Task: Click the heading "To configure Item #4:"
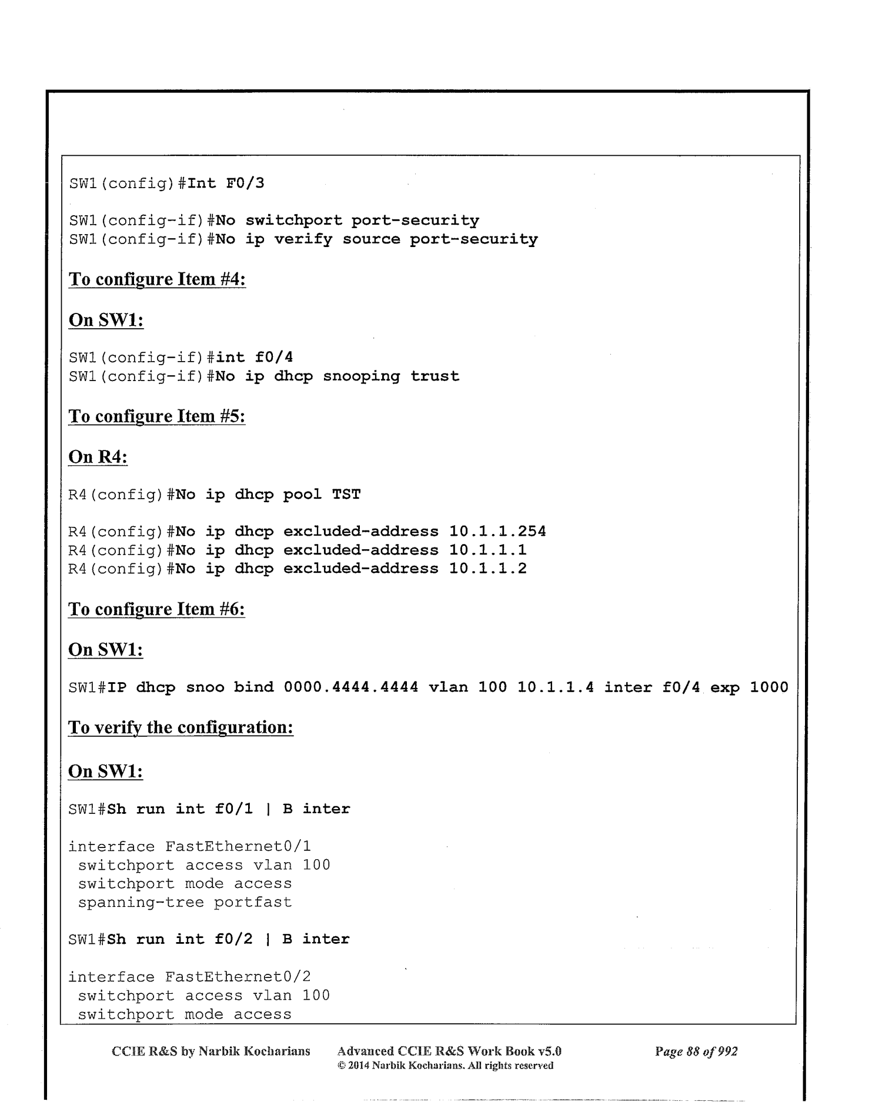157,279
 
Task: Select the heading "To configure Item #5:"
156,416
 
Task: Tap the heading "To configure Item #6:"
156,609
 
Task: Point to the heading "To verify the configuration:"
181,727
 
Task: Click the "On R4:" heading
98,456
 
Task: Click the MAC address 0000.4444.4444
350,687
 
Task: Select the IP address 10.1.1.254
497,532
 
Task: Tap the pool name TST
346,495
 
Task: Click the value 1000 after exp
769,687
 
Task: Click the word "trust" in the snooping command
435,376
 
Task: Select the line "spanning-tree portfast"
185,902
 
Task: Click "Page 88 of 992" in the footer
696,1051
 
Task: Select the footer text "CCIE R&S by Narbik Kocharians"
211,1051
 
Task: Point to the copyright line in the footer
445,1065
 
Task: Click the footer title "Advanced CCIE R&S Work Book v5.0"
449,1051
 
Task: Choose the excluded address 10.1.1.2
487,569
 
